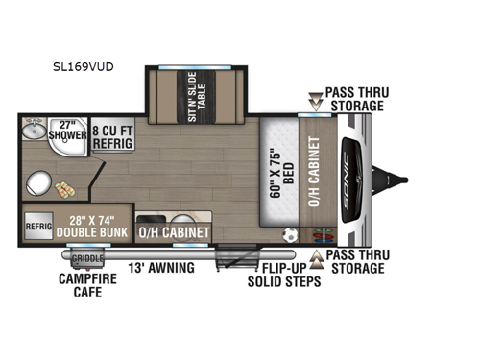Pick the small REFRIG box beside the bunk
tap(37, 228)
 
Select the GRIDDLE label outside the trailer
tap(87, 258)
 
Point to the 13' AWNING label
tap(161, 267)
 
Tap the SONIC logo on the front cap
tap(354, 179)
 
